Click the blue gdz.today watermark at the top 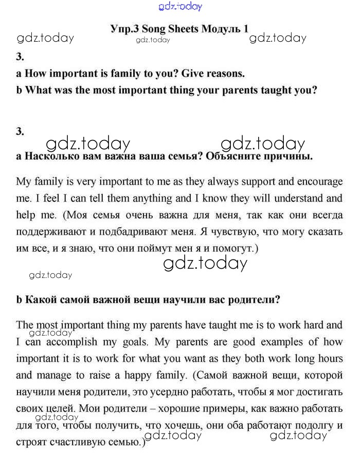click(180, 6)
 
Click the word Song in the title click(154, 29)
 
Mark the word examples click(275, 342)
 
